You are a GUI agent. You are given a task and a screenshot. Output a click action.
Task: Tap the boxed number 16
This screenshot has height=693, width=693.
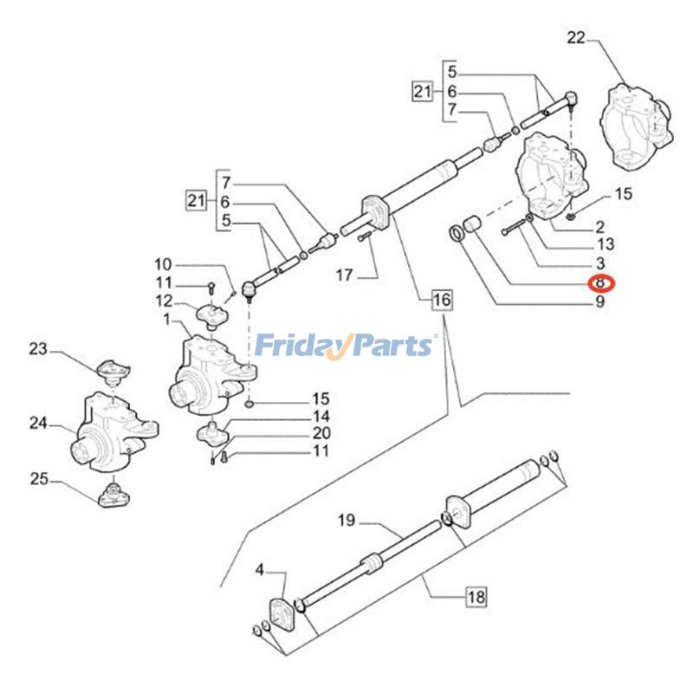pyautogui.click(x=442, y=301)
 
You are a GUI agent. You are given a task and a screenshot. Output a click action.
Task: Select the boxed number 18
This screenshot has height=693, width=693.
pyautogui.click(x=476, y=596)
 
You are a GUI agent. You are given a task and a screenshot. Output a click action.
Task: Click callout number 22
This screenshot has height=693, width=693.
pyautogui.click(x=577, y=37)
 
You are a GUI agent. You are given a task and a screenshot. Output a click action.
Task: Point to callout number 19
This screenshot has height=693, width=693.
pyautogui.click(x=346, y=521)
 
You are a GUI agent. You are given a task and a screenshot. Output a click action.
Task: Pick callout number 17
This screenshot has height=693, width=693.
pyautogui.click(x=345, y=275)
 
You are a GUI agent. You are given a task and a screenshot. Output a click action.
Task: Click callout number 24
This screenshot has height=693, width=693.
pyautogui.click(x=37, y=424)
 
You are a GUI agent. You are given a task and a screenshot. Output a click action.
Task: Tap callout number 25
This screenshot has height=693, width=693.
pyautogui.click(x=37, y=478)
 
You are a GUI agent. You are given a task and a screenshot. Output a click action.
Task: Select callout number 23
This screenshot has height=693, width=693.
pyautogui.click(x=37, y=350)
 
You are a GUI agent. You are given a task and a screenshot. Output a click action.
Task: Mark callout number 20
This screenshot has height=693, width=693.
pyautogui.click(x=321, y=433)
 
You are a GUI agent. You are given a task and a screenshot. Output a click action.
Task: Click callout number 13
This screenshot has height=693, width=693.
pyautogui.click(x=606, y=244)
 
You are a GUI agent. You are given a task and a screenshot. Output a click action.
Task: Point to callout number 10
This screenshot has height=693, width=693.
pyautogui.click(x=164, y=263)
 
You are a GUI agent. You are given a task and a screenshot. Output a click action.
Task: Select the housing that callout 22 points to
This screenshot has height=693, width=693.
pyautogui.click(x=637, y=126)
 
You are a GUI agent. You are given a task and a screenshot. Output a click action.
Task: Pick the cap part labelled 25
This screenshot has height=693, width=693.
pyautogui.click(x=112, y=496)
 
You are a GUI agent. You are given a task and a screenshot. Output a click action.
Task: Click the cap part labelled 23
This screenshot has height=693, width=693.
pyautogui.click(x=112, y=370)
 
